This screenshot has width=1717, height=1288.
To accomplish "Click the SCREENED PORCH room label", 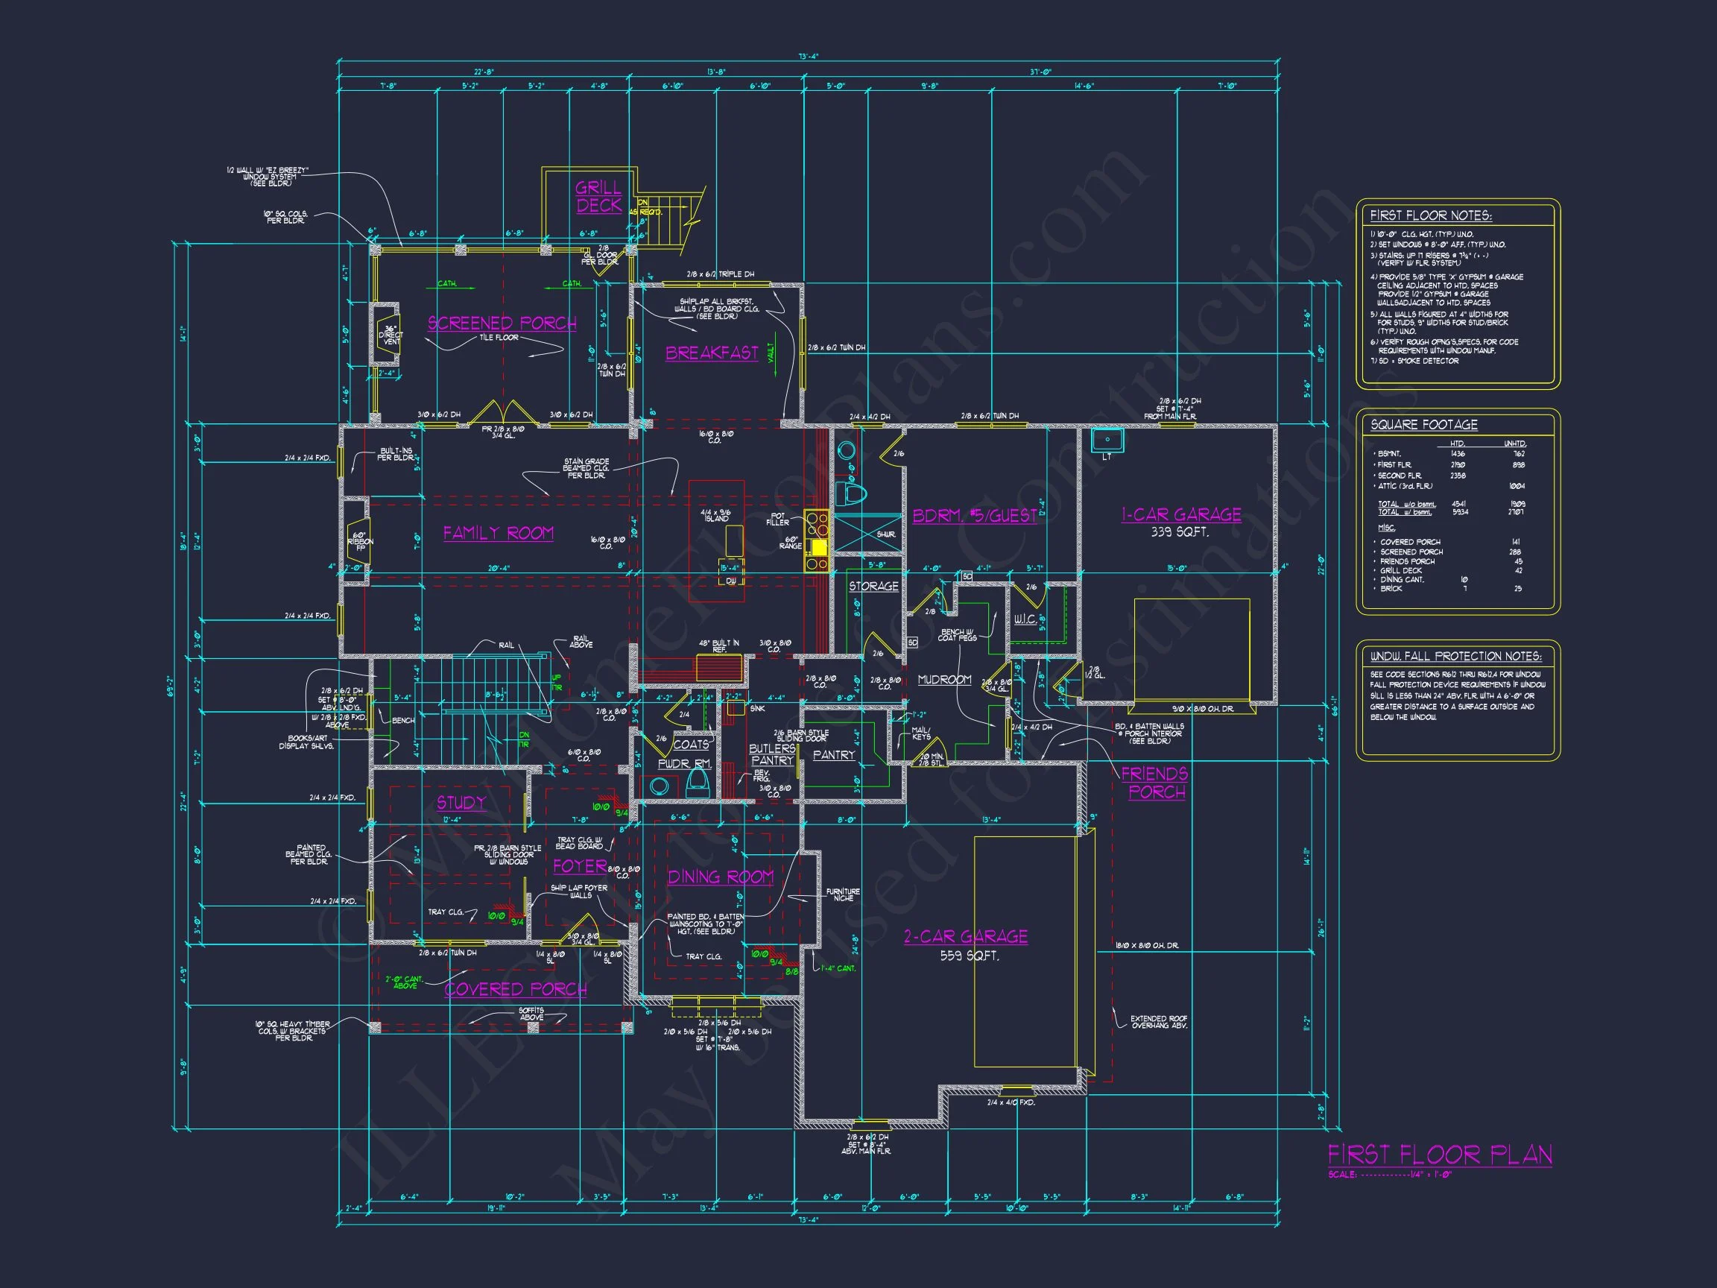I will (502, 323).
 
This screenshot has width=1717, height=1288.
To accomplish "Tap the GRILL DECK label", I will (598, 197).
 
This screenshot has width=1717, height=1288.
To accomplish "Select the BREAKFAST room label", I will (712, 353).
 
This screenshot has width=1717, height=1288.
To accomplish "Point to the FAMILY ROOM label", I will (499, 533).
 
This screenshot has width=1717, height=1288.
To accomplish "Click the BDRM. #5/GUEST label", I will (974, 516).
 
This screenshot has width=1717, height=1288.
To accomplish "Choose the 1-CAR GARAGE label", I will (1180, 514).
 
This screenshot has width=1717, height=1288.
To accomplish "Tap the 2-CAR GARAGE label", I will (966, 936).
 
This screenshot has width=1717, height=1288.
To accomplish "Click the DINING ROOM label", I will (721, 877).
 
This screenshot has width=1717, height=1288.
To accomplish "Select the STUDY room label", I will (461, 802).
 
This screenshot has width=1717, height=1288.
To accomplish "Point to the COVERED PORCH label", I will (516, 989).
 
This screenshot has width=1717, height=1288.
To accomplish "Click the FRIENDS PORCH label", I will (1154, 783).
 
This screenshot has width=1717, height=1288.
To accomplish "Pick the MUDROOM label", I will (944, 680).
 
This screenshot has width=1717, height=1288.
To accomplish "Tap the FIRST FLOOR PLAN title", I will (1440, 1155).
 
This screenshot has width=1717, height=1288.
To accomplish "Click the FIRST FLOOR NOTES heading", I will (1431, 216).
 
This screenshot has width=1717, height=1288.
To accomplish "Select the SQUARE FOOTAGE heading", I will (1423, 425).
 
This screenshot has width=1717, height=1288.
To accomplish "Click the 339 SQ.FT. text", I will (1180, 533).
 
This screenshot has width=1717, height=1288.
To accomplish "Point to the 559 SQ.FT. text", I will (970, 956).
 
